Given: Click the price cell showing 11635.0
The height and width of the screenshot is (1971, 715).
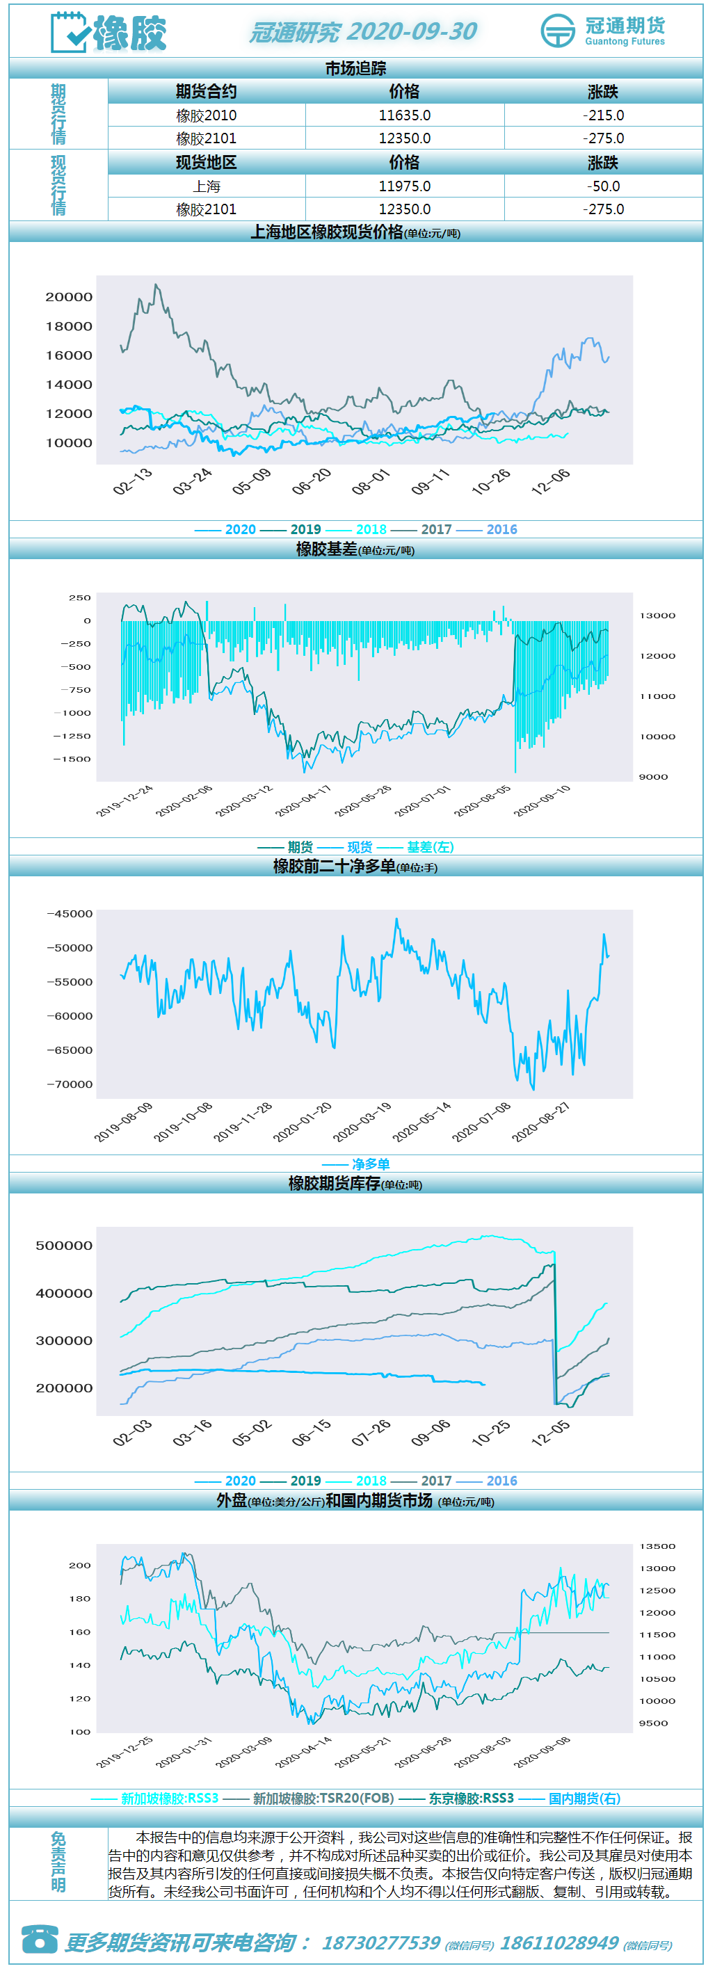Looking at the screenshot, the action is point(404,115).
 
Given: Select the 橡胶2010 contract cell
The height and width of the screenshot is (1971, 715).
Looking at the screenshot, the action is point(207,115).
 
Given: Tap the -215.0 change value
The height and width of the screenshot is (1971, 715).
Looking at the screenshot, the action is point(603,115).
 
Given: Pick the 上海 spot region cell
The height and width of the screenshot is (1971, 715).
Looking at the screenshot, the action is point(207,186).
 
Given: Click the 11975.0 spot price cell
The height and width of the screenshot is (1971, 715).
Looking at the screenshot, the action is point(404,186).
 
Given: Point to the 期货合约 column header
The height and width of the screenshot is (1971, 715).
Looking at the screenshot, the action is point(207,92).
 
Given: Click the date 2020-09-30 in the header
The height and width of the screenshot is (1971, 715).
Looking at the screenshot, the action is point(412,31).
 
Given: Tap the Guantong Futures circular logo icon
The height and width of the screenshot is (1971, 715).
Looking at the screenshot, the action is point(557,31).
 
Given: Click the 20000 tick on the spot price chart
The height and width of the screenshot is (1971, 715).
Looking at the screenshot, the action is point(69,297).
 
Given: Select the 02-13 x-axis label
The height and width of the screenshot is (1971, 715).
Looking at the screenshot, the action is point(132,481).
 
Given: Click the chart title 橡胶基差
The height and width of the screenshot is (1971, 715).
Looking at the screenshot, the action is point(327,549).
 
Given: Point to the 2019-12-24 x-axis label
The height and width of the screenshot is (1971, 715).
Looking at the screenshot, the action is point(124,801).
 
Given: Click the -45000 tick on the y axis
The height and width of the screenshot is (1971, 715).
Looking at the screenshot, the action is point(70,914).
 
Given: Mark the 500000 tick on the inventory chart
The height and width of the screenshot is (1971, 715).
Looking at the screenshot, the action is point(64,1246).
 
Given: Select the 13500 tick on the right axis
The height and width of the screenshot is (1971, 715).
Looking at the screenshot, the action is point(657,1546).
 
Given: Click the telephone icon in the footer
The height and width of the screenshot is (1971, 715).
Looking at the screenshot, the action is point(40,1938).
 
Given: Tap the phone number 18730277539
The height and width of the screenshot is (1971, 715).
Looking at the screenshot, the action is point(381,1942).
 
